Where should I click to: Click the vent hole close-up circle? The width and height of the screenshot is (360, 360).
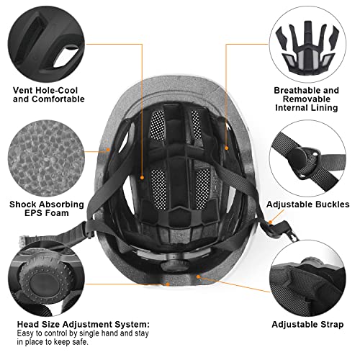point(45,42)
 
